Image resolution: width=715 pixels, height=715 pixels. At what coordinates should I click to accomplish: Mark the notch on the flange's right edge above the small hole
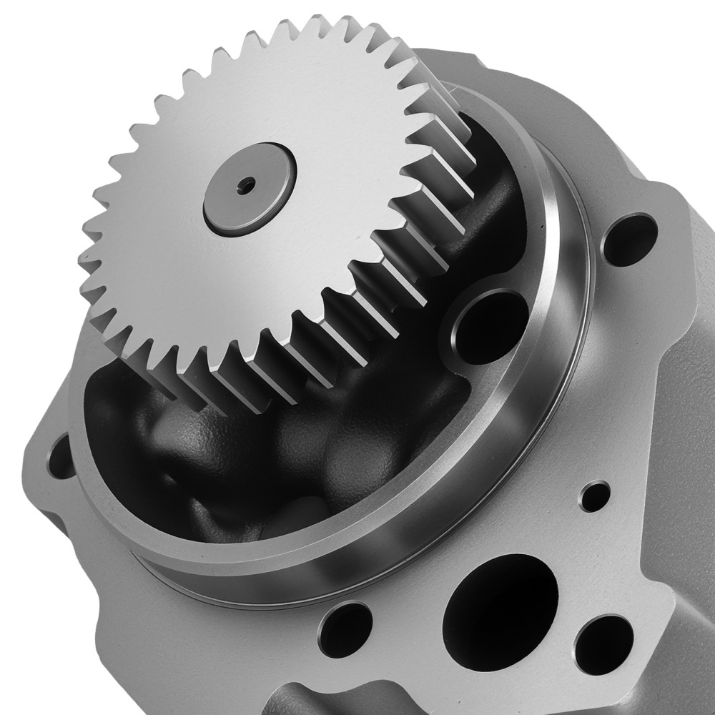point(666,593)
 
